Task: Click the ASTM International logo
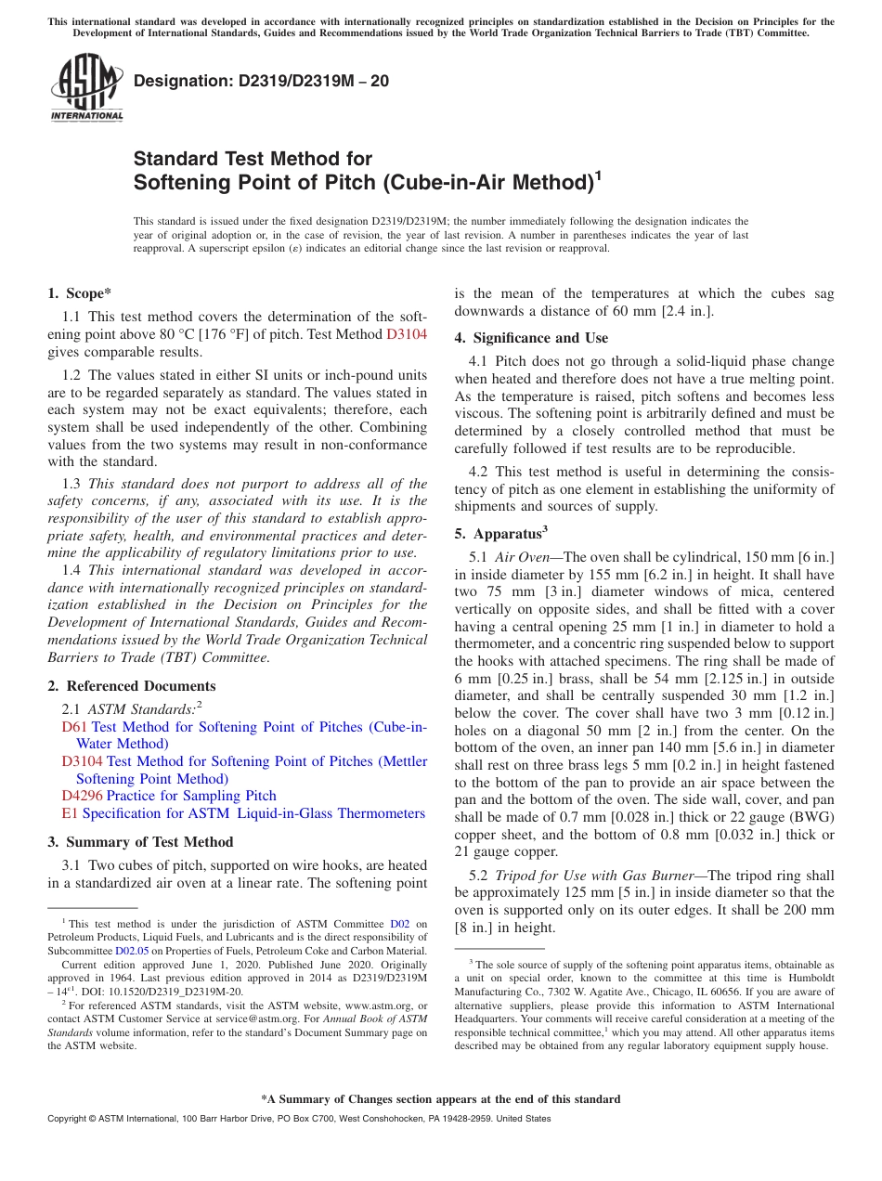[86, 87]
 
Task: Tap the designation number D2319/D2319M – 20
[262, 82]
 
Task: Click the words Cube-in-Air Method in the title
[486, 182]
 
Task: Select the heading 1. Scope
[80, 293]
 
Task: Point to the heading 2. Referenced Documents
[132, 686]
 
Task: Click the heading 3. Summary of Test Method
[140, 842]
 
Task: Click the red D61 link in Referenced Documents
[74, 727]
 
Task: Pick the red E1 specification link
[69, 813]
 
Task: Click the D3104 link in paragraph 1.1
[407, 334]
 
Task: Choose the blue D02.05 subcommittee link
[132, 951]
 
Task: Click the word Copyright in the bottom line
[69, 1119]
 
